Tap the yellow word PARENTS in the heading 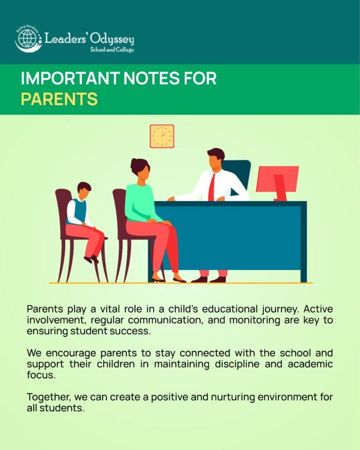point(59,99)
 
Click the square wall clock point(162,136)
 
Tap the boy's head point(84,190)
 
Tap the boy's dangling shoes point(91,259)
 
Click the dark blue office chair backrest point(237,173)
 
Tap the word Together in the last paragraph point(49,397)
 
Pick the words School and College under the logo point(112,50)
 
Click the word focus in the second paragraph point(41,375)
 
